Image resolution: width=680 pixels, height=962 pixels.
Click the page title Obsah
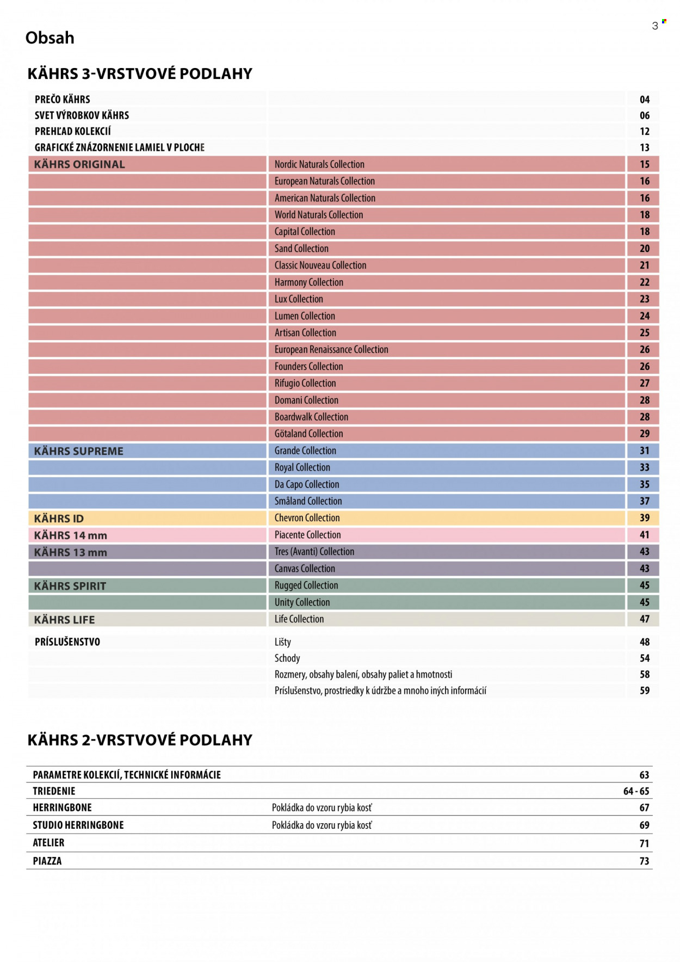[50, 38]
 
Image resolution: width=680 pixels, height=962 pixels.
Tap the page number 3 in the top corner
[655, 26]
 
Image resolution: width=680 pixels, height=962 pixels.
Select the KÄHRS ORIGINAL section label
[79, 164]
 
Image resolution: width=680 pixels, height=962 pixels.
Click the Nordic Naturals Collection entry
[319, 164]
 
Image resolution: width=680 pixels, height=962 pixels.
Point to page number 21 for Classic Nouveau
[645, 266]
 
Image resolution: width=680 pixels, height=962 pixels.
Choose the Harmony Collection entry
[309, 282]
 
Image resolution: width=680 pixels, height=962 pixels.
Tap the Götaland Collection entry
[309, 434]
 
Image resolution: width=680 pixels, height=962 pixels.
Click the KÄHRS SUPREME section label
[79, 451]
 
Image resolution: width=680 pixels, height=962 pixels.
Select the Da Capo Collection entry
[307, 484]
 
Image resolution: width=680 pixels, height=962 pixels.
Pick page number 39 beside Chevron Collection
[645, 518]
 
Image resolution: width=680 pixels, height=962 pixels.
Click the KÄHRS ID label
[59, 519]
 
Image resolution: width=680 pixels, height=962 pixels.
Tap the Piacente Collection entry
[308, 535]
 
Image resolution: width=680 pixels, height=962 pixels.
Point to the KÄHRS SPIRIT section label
[70, 586]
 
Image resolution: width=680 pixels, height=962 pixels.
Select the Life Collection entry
[299, 619]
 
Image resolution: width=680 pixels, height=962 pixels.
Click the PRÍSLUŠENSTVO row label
[67, 642]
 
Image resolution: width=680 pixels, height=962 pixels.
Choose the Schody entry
[287, 658]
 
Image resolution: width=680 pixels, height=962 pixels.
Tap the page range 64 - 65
[636, 791]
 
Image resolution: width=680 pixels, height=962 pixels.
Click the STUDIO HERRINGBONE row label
[78, 825]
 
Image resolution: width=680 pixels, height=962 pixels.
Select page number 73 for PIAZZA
[645, 861]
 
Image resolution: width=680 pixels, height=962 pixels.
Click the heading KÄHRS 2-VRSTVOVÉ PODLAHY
[140, 740]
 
